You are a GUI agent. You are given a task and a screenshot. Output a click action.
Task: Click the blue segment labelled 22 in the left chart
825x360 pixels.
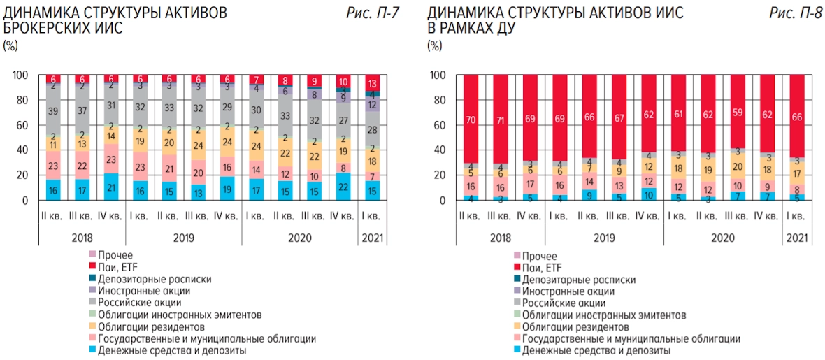344,187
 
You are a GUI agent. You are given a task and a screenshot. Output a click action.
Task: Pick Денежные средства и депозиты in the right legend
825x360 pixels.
596,350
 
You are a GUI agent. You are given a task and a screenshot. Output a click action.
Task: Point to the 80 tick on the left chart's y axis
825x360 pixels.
22,100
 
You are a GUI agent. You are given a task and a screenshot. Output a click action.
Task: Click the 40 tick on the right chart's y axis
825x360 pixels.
440,150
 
